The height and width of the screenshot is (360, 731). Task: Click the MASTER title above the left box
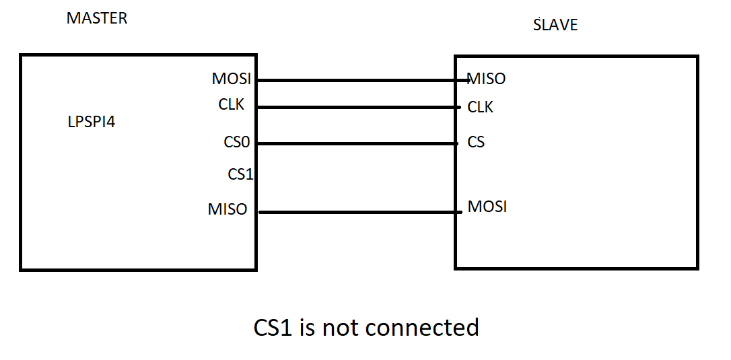(x=96, y=18)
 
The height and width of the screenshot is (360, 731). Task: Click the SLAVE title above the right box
(x=555, y=26)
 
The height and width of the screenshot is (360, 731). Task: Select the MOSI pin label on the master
(x=231, y=79)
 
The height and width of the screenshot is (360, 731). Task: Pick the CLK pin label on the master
(x=231, y=105)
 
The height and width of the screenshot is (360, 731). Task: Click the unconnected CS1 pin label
(x=240, y=174)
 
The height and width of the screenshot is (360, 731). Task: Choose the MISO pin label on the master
(x=228, y=210)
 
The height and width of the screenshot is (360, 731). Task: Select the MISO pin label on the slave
(x=486, y=79)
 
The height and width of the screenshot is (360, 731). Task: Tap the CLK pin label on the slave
(x=480, y=107)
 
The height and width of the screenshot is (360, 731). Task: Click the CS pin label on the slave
(x=476, y=143)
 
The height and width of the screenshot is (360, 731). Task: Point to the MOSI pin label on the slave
(x=487, y=206)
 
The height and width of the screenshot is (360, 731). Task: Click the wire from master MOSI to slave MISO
(x=357, y=80)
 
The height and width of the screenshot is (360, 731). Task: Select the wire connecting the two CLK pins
(x=357, y=107)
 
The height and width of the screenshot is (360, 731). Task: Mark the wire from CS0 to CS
(x=357, y=143)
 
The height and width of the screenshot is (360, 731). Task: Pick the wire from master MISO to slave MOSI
(x=357, y=213)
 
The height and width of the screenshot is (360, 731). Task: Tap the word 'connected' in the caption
(x=423, y=328)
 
